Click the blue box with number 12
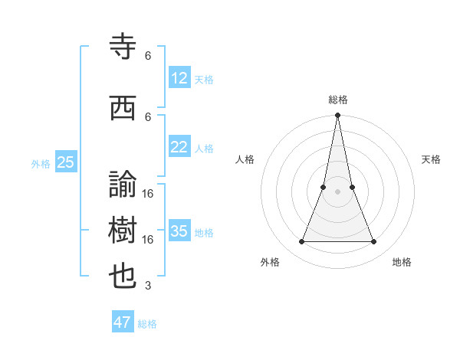coord(179,78)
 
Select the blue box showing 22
coord(179,147)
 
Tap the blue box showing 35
coord(179,231)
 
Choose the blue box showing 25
coord(65,162)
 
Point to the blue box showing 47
coord(123,322)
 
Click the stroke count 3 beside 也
coord(148,286)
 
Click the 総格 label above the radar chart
coord(337,100)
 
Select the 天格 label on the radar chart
coord(431,159)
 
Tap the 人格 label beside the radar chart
coord(245,159)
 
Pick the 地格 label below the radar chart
coord(402,262)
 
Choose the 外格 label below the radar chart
coord(270,262)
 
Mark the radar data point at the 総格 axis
coord(337,116)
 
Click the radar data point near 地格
coord(374,242)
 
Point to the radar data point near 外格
coord(301,242)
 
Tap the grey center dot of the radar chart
coord(337,191)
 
